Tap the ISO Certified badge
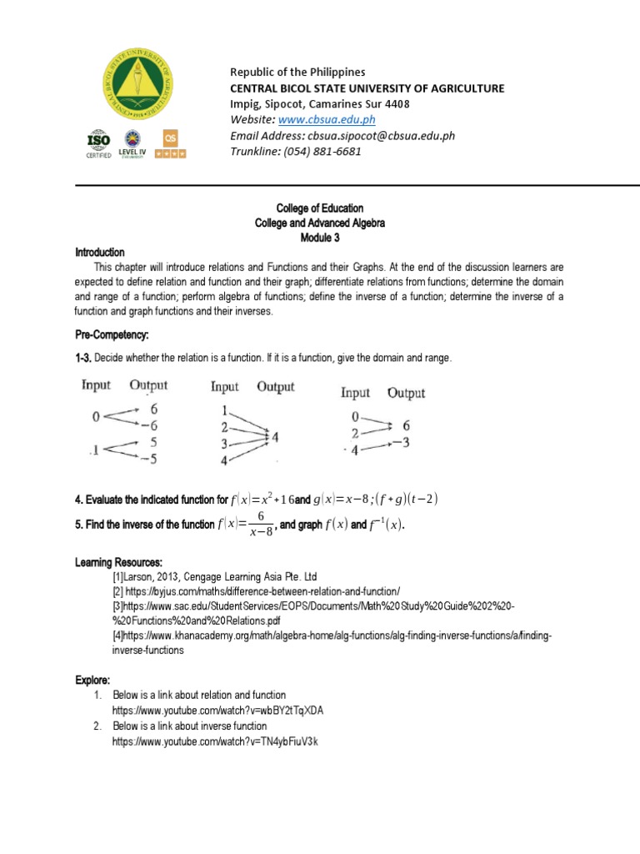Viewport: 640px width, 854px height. coord(98,144)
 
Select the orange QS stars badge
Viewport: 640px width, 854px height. coord(173,144)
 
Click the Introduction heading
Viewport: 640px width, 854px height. coord(100,253)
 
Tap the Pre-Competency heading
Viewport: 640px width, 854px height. coord(112,334)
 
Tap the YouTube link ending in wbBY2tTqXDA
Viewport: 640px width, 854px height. coord(218,710)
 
